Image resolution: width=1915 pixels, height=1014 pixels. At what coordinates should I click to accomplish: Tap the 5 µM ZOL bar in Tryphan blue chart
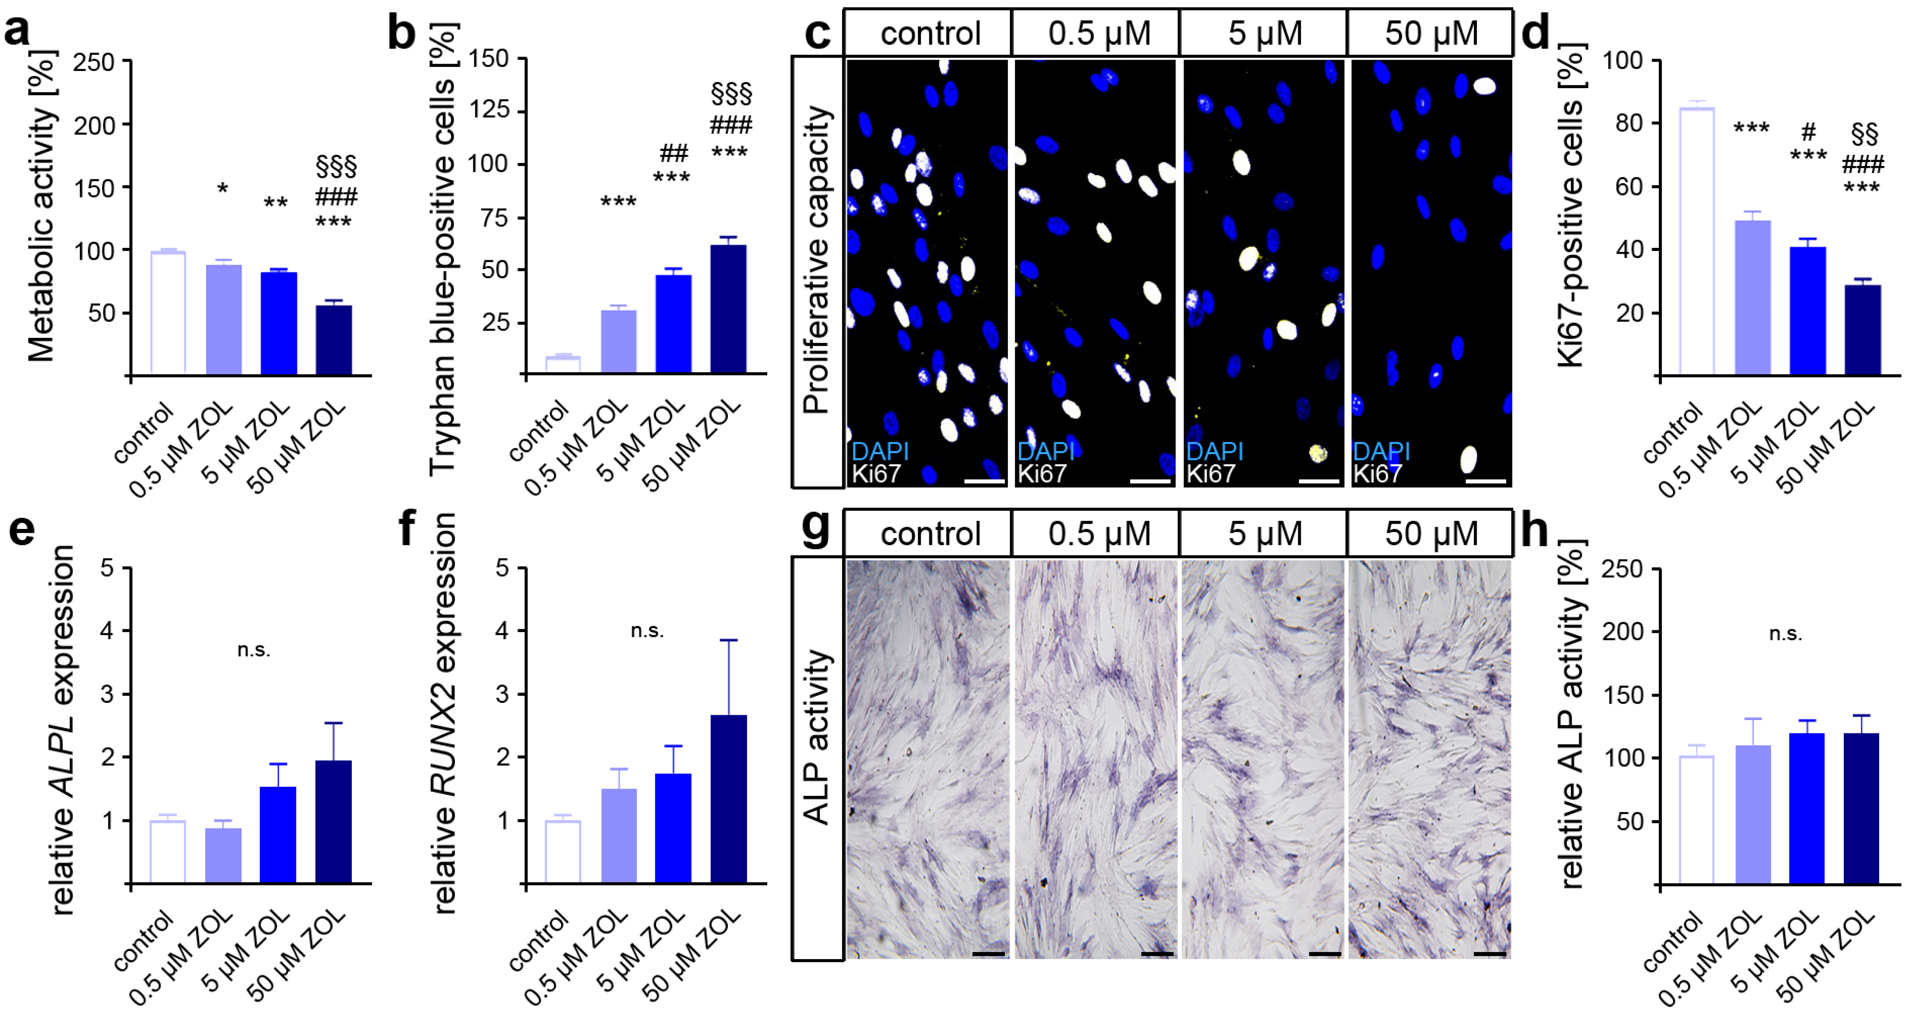(x=673, y=324)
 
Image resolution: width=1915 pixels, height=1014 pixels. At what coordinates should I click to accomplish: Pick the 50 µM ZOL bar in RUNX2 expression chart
(x=729, y=799)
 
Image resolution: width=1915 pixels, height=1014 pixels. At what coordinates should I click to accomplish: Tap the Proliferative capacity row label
(x=816, y=260)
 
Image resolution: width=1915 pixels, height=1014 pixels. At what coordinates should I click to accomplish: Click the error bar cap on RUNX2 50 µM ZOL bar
(x=729, y=640)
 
